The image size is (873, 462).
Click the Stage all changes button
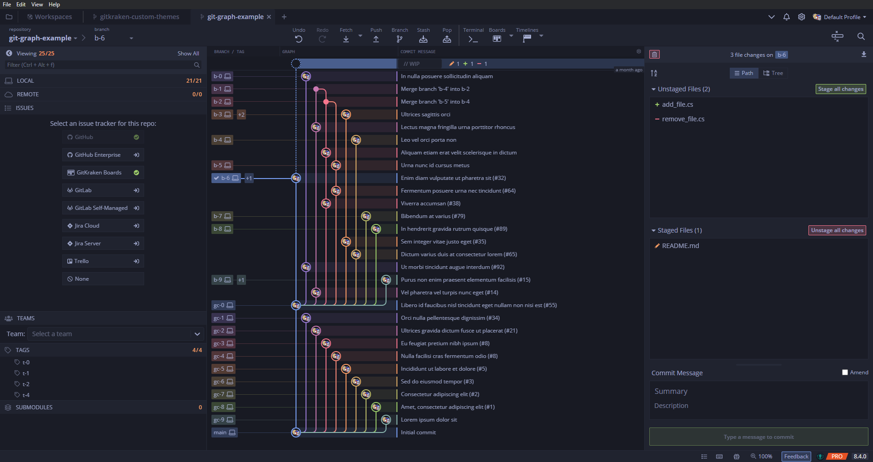[x=840, y=89]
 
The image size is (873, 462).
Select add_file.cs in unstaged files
[x=677, y=104]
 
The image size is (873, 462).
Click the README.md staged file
[x=680, y=246]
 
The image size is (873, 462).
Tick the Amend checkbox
[x=845, y=373]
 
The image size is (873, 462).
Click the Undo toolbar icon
[x=299, y=39]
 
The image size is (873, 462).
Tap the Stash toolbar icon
[x=423, y=39]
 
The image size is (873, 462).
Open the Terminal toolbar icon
[x=473, y=39]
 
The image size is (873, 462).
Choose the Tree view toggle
[x=773, y=73]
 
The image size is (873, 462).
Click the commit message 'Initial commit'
[x=418, y=432]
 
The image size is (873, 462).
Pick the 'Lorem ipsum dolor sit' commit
[x=429, y=420]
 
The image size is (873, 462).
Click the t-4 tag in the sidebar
[x=26, y=395]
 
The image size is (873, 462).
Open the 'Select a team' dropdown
[x=115, y=334]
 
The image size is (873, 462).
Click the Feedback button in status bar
[x=796, y=457]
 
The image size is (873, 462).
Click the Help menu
[x=54, y=5]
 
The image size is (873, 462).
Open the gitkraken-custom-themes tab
[x=139, y=17]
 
